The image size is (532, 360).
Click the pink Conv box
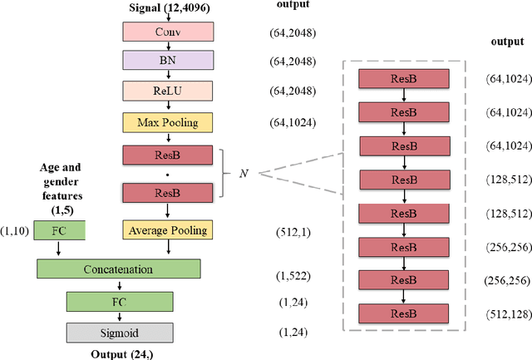(168, 32)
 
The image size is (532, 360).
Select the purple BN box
(168, 61)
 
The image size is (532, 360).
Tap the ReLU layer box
(168, 91)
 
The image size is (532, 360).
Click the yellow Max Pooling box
(168, 121)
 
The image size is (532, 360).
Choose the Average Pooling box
(168, 229)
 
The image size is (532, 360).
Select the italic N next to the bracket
(243, 150)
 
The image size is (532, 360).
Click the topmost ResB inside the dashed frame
(403, 79)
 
